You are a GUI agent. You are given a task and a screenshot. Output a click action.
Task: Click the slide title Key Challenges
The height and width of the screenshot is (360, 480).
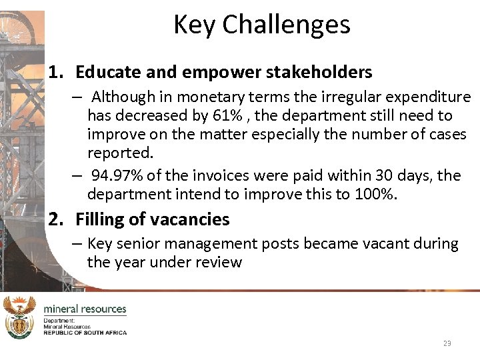[x=261, y=25]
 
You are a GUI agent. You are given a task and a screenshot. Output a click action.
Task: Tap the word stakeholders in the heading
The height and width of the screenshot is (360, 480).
[x=323, y=72]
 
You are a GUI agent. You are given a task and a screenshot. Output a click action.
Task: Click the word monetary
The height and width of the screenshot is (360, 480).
[x=209, y=97]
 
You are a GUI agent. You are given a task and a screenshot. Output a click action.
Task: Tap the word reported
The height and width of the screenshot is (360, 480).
[x=120, y=153]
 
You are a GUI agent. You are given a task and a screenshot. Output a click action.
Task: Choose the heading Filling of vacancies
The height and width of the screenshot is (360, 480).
[x=152, y=219]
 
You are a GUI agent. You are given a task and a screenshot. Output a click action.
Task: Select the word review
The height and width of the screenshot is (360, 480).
[x=219, y=262]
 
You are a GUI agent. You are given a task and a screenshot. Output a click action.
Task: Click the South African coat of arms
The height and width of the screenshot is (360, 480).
[x=19, y=317]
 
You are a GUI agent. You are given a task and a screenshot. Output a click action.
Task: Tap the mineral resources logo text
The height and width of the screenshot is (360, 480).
[x=85, y=309]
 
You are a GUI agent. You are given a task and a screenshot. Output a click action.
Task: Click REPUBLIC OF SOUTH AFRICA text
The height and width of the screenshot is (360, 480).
[x=85, y=332]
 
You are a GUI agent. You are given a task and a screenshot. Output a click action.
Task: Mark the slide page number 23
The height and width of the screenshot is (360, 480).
[x=447, y=343]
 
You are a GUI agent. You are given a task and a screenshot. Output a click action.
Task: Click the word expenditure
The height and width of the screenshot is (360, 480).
[x=433, y=97]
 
